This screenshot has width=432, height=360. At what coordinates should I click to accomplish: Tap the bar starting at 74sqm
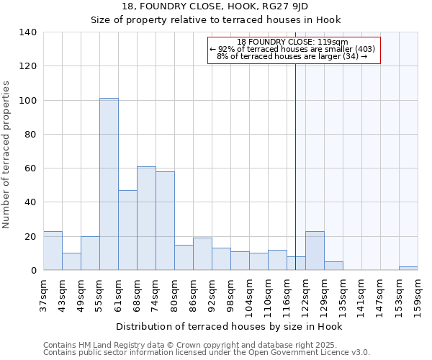click(165, 221)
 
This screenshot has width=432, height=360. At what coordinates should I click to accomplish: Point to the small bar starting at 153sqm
click(408, 268)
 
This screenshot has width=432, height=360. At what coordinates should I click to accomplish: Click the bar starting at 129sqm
click(333, 266)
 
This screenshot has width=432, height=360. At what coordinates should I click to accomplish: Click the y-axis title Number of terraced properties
click(6, 154)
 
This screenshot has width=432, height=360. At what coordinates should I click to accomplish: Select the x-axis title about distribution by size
click(229, 326)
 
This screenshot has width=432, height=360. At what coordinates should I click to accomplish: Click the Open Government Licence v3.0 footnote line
click(207, 353)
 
